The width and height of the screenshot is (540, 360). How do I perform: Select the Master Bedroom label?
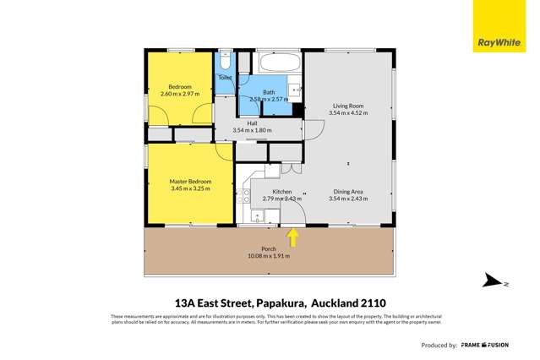pyautogui.click(x=190, y=182)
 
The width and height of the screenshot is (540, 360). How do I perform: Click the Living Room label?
pyautogui.click(x=348, y=106)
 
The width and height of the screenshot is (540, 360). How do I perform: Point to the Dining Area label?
pyautogui.click(x=348, y=192)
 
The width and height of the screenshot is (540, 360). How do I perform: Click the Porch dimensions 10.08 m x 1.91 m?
pyautogui.click(x=269, y=256)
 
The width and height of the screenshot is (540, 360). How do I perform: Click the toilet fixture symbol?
pyautogui.click(x=225, y=63)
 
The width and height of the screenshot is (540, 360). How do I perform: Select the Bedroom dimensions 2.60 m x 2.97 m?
pyautogui.click(x=180, y=94)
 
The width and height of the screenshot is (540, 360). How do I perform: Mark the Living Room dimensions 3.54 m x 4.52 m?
pyautogui.click(x=348, y=112)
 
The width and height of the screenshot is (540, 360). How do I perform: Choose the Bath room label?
pyautogui.click(x=269, y=92)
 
